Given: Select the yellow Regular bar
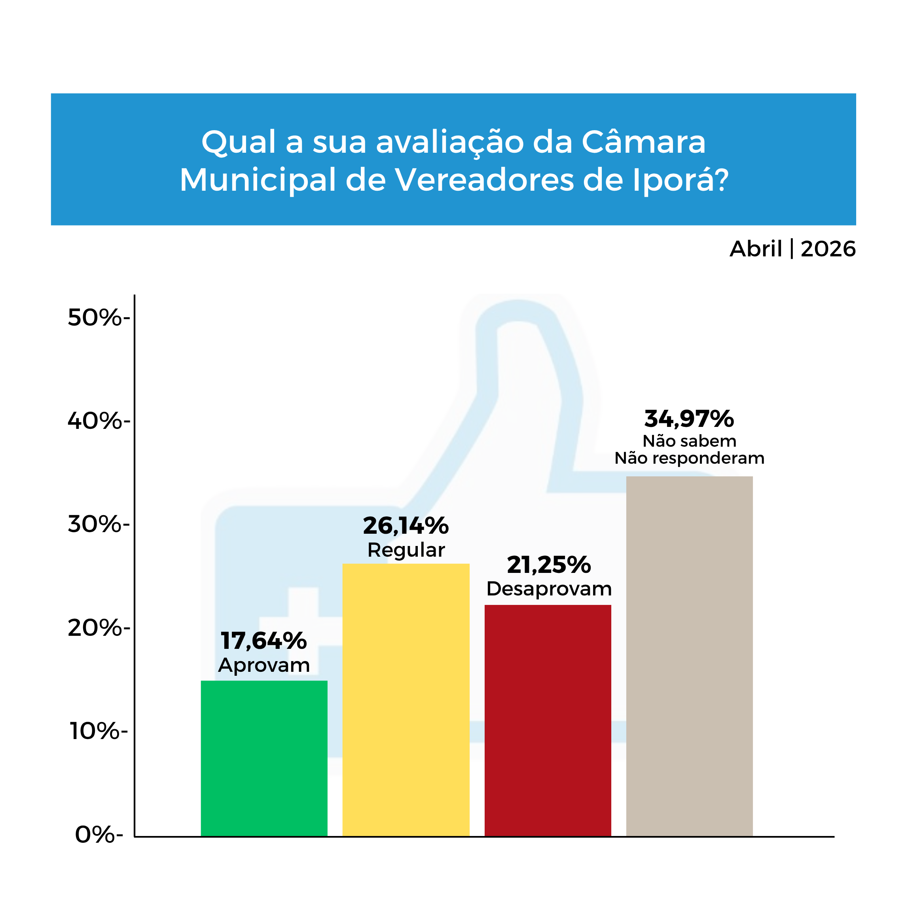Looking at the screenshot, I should click(x=406, y=700).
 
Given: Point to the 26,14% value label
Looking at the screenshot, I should click(x=406, y=525).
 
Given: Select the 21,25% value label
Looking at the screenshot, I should click(x=548, y=565).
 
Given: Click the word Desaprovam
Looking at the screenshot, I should click(x=548, y=589).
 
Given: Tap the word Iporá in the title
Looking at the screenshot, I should click(x=680, y=180).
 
